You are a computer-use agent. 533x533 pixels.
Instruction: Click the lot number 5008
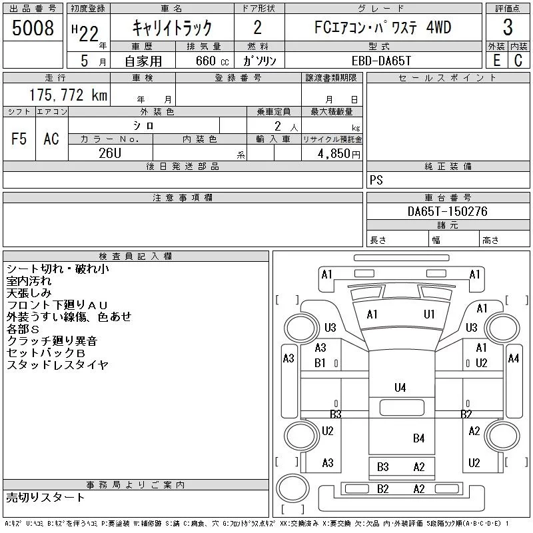33,27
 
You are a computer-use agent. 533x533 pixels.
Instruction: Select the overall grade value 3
508,27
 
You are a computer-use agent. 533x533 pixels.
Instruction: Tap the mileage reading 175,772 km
68,95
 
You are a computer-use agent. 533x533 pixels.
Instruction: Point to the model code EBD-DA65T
381,61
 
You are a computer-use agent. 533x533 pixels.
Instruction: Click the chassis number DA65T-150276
447,211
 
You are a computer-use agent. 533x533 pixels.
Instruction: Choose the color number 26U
110,153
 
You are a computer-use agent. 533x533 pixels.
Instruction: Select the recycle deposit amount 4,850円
339,154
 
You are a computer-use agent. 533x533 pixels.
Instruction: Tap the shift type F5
19,139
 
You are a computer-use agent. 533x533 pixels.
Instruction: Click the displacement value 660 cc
212,61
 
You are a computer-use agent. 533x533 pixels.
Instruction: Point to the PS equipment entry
376,180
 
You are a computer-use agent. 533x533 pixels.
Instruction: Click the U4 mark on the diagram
400,388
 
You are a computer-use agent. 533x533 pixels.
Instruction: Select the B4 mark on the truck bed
419,438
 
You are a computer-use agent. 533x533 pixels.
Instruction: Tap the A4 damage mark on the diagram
513,358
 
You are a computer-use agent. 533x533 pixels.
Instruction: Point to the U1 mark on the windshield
429,314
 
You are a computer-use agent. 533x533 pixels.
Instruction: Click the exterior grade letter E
496,61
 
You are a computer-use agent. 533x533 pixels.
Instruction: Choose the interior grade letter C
518,61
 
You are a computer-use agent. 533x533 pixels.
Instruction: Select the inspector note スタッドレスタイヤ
57,364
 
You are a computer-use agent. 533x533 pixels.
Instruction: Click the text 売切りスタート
45,497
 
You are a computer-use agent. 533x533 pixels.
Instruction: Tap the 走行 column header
55,78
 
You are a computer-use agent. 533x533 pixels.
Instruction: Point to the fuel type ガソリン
259,61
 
